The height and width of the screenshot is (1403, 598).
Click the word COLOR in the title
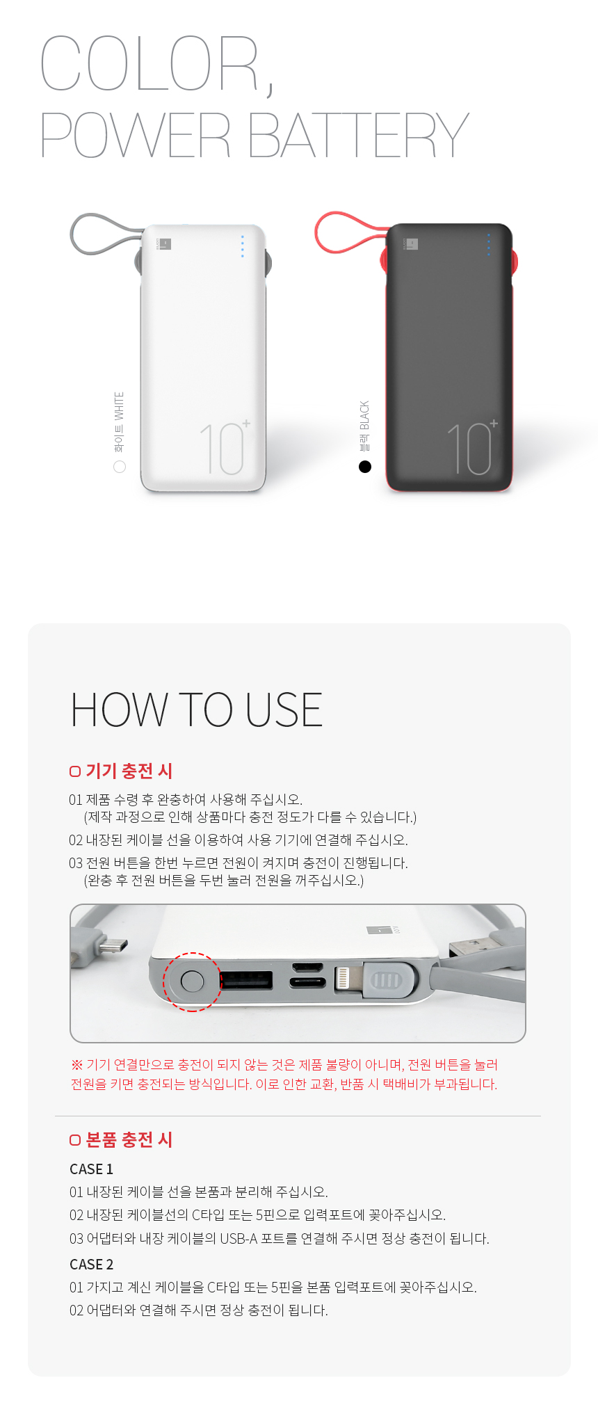coord(149,63)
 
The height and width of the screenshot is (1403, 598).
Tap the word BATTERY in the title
coord(359,135)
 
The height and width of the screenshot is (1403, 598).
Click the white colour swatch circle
coord(120,466)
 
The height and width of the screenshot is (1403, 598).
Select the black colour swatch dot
coord(365,466)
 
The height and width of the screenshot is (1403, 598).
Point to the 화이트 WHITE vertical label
coord(120,422)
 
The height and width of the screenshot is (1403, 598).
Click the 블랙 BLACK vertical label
coord(365,426)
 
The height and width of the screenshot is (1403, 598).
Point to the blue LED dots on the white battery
coord(243,246)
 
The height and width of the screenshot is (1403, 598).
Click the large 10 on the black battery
coord(469,449)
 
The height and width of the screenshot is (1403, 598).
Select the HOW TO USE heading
coord(197,709)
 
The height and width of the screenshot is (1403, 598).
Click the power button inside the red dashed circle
coord(192,981)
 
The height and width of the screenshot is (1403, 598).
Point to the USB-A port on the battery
coord(246,980)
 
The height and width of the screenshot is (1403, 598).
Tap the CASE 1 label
coord(91,1169)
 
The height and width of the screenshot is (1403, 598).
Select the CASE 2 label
coord(91,1264)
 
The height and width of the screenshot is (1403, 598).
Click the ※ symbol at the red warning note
coord(76,1065)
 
